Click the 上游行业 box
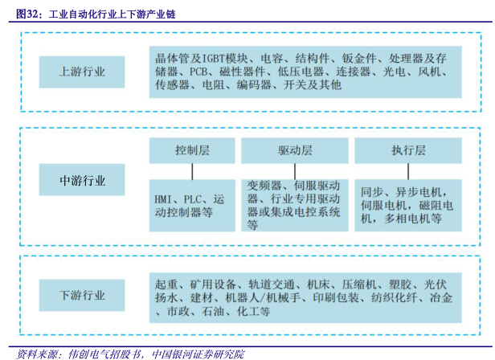82,72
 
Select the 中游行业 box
82,181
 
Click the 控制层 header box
192,151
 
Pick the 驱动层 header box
296,151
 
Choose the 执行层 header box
408,151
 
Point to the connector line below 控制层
192,171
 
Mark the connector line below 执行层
408,171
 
